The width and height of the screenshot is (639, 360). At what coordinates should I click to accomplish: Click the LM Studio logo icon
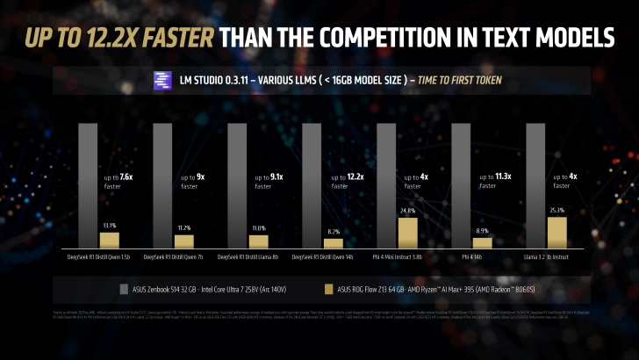pyautogui.click(x=162, y=81)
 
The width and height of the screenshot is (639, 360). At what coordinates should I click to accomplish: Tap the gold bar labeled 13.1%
pyautogui.click(x=109, y=239)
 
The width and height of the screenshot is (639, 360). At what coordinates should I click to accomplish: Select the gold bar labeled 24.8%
pyautogui.click(x=407, y=231)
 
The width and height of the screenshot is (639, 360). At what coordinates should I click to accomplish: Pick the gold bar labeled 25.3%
pyautogui.click(x=556, y=231)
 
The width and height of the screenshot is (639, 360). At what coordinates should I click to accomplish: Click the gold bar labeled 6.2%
pyautogui.click(x=333, y=242)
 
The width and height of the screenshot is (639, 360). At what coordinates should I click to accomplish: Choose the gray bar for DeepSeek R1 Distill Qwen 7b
pyautogui.click(x=163, y=185)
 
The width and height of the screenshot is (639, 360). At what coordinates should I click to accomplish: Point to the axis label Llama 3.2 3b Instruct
pyautogui.click(x=546, y=258)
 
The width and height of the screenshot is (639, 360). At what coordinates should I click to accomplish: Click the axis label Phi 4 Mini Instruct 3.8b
pyautogui.click(x=397, y=258)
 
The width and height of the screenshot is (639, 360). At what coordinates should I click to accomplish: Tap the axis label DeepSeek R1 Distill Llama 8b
pyautogui.click(x=248, y=258)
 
